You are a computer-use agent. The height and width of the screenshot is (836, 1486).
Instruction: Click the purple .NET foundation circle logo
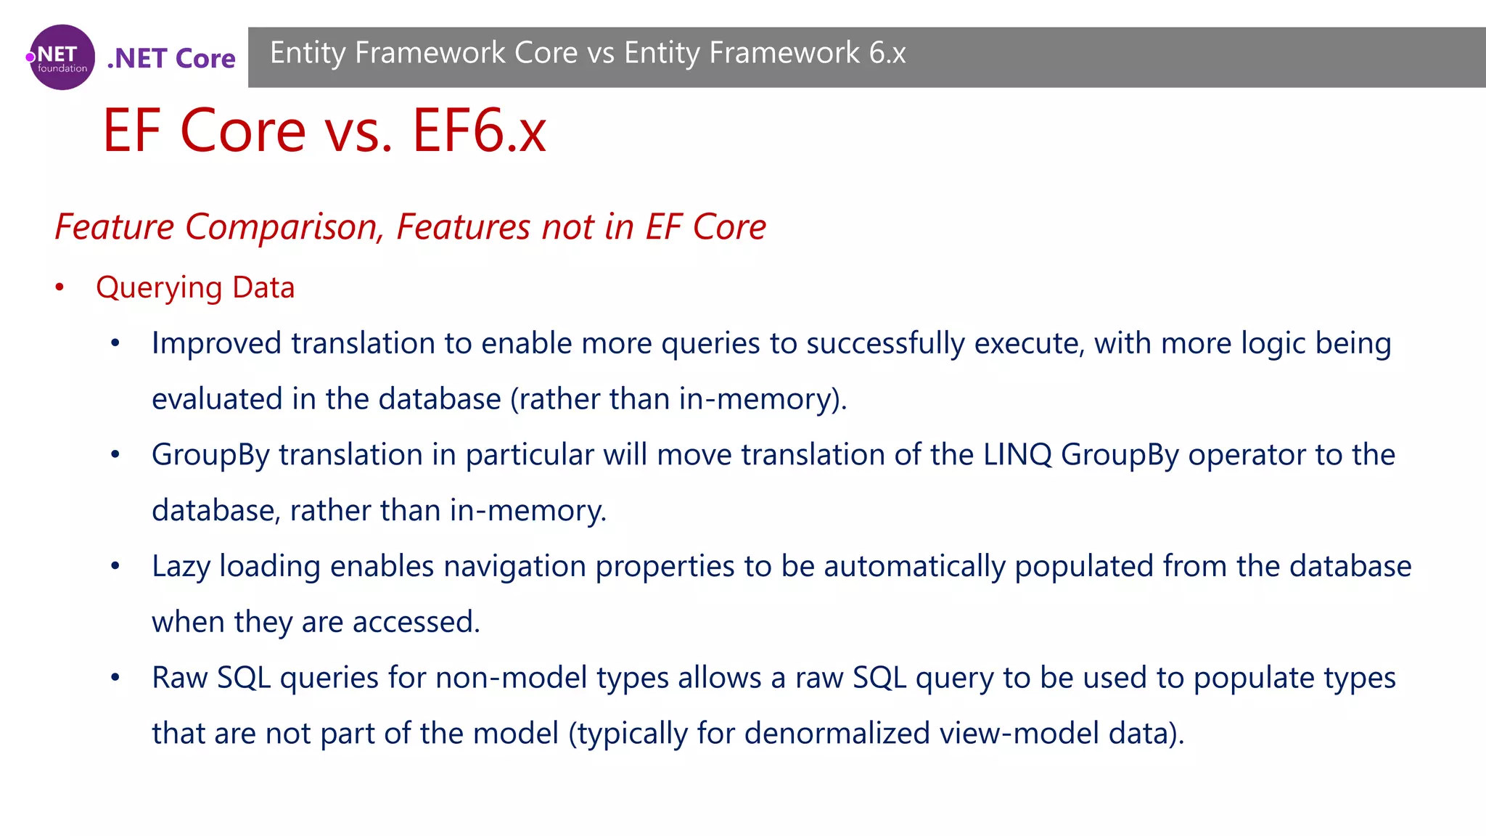pyautogui.click(x=62, y=57)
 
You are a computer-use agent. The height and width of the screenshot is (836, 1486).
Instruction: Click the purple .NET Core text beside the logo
pyautogui.click(x=171, y=59)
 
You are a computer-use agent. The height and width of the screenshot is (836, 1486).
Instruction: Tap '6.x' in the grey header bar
pyautogui.click(x=887, y=53)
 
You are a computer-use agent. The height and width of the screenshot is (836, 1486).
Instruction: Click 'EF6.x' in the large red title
pyautogui.click(x=479, y=131)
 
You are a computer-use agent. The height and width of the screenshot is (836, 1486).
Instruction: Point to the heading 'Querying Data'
pyautogui.click(x=195, y=288)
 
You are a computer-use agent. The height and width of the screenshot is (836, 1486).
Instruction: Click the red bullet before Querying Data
pyautogui.click(x=59, y=288)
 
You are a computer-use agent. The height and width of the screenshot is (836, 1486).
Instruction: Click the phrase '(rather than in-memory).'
pyautogui.click(x=678, y=399)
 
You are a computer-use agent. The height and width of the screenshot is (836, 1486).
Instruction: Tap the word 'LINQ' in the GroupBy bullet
pyautogui.click(x=1017, y=455)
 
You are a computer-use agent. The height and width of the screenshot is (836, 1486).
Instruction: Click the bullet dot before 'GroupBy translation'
pyautogui.click(x=115, y=455)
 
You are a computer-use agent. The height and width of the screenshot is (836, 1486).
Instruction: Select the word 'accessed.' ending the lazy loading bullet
pyautogui.click(x=416, y=622)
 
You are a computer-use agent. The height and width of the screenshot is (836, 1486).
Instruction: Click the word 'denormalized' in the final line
pyautogui.click(x=837, y=734)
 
